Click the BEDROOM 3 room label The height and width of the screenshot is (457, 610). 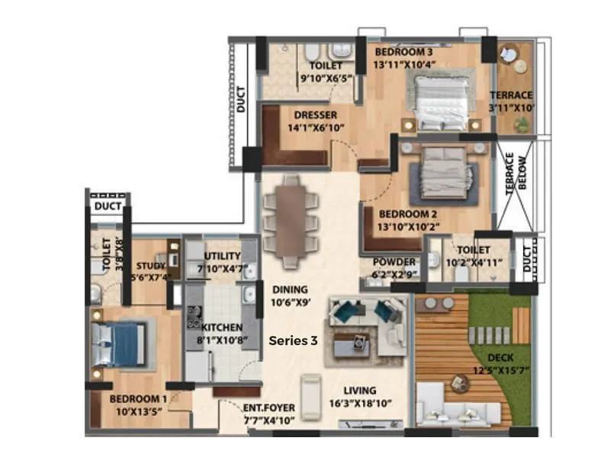403,52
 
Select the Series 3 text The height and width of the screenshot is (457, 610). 293,341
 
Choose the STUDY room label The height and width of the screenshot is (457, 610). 151,266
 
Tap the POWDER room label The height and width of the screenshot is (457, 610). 394,262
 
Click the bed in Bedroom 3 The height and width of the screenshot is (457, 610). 442,101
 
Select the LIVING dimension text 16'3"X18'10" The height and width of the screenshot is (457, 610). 361,404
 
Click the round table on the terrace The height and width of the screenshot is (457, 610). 509,57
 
